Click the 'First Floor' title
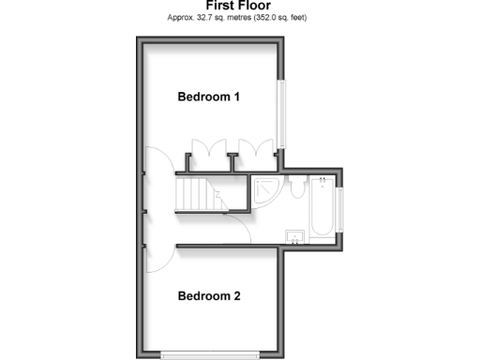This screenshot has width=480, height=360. [238, 6]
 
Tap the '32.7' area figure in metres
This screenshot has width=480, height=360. [205, 18]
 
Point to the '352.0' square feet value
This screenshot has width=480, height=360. [265, 18]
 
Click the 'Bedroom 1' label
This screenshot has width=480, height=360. [210, 97]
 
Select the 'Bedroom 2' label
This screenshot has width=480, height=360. [210, 297]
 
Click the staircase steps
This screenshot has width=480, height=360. [193, 195]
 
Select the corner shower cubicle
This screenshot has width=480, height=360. [264, 190]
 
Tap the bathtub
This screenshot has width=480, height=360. [322, 207]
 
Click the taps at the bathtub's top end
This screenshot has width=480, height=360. [322, 180]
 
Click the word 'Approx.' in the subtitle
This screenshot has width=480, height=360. [179, 18]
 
